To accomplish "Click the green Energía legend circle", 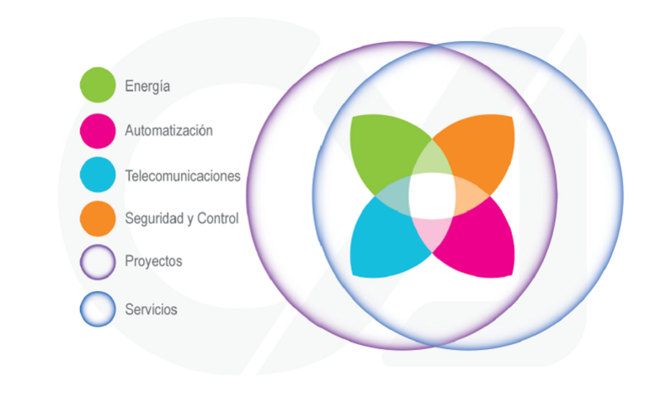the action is [97, 85].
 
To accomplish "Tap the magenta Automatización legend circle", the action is [97, 131].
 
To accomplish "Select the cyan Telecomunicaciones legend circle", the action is [97, 175].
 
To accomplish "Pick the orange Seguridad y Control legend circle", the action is [97, 218].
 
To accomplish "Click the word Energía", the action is [147, 87].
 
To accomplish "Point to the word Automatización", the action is [169, 131].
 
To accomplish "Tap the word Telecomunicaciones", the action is [183, 176].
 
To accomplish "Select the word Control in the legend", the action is [218, 218].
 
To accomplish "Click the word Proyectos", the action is [154, 262].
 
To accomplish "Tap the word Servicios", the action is [151, 310].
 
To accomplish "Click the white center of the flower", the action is [432, 196].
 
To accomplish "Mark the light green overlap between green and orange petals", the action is [432, 159].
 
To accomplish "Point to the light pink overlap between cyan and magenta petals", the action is [432, 233].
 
